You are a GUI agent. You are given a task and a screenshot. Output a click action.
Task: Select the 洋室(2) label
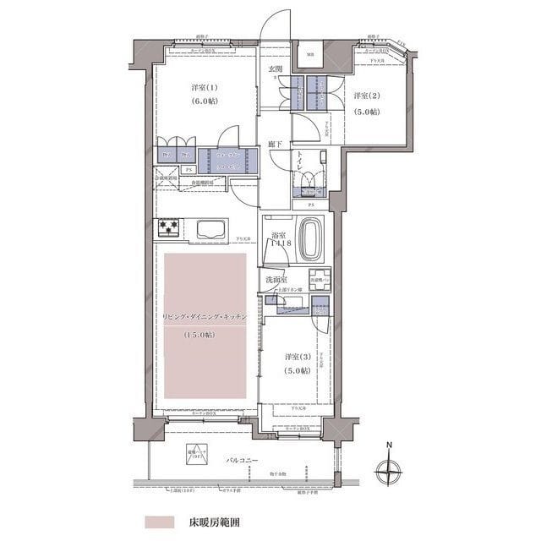(x=367, y=96)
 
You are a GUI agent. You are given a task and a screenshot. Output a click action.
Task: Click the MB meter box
(x=310, y=56)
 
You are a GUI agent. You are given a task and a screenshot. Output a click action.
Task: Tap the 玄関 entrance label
(x=276, y=68)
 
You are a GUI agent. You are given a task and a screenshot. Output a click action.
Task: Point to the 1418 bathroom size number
(x=280, y=243)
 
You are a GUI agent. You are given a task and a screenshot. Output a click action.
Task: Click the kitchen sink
(x=210, y=227)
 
